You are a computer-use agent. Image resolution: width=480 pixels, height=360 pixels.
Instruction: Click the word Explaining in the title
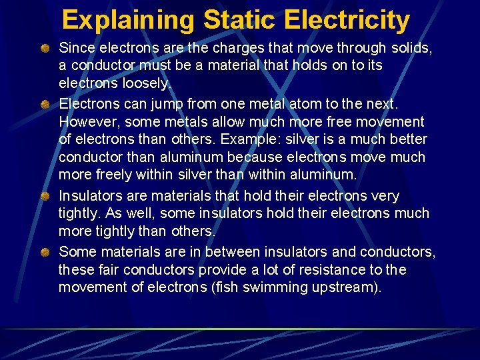coord(128,20)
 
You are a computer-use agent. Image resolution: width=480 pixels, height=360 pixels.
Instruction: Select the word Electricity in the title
coord(347,20)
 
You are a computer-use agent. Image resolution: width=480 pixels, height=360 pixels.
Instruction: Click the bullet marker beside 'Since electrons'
coord(45,48)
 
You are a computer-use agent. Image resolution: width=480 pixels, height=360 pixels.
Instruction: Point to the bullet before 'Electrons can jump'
coord(45,104)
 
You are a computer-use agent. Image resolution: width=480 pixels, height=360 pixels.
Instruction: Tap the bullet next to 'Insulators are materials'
coord(45,196)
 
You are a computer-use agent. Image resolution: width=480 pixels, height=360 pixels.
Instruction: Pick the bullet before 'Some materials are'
coord(45,252)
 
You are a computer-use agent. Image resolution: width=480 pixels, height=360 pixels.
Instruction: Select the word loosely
coord(146,85)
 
